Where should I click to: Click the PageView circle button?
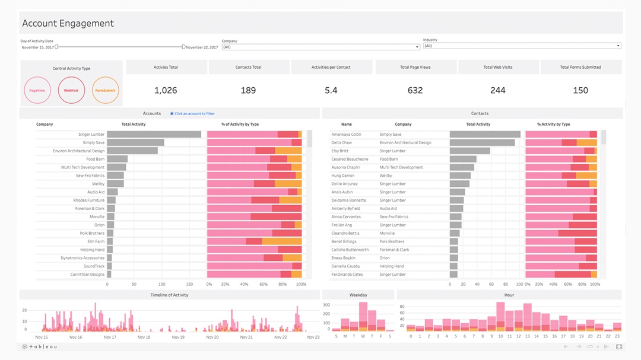point(38,91)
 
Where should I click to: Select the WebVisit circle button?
point(71,91)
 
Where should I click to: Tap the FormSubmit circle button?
point(106,91)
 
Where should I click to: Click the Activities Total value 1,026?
point(166,90)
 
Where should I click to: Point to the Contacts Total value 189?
point(248,90)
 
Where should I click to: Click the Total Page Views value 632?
point(415,90)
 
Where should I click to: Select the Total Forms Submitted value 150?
point(580,90)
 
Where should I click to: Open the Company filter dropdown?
point(320,47)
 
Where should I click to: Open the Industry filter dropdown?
point(522,46)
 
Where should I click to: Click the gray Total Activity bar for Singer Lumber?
point(154,135)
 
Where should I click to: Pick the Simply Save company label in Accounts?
point(93,143)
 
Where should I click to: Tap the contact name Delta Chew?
point(341,143)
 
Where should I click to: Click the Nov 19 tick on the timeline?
point(178,337)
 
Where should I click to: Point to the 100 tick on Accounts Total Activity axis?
point(161,285)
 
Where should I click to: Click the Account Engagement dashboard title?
point(68,24)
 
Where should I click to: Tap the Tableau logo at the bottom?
point(40,346)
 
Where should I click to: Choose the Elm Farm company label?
point(96,241)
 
